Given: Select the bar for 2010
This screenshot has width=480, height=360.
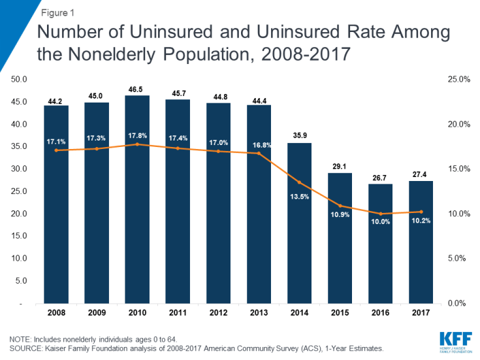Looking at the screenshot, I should pyautogui.click(x=137, y=199).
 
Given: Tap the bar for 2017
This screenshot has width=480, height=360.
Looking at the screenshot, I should pyautogui.click(x=421, y=242).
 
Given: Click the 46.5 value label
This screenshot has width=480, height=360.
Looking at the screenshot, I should pyautogui.click(x=137, y=89).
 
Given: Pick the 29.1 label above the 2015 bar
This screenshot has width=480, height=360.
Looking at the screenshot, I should pyautogui.click(x=340, y=167).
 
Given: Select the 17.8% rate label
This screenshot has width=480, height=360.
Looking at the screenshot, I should pyautogui.click(x=137, y=136).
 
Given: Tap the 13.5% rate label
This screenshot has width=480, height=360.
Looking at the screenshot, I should pyautogui.click(x=299, y=194).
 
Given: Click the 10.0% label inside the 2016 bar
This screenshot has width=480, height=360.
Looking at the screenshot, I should pyautogui.click(x=380, y=222).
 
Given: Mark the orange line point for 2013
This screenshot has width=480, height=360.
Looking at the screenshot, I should pyautogui.click(x=259, y=154).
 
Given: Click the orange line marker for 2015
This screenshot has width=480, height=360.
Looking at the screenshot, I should pyautogui.click(x=340, y=206).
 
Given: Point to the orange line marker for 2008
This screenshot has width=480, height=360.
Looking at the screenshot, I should pyautogui.click(x=56, y=150).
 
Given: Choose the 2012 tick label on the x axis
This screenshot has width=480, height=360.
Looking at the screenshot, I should pyautogui.click(x=218, y=312).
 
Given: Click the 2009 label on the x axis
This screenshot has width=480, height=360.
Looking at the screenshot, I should pyautogui.click(x=97, y=312).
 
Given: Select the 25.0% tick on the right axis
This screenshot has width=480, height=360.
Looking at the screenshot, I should pyautogui.click(x=457, y=80).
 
